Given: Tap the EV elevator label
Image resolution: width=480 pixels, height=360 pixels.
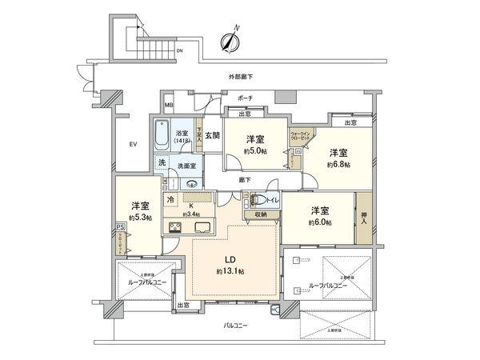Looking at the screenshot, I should pyautogui.click(x=133, y=144).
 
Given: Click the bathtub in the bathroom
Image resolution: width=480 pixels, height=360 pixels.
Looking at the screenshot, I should pyautogui.click(x=161, y=134).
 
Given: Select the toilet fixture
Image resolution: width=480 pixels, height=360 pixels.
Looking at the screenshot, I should pyautogui.click(x=261, y=201).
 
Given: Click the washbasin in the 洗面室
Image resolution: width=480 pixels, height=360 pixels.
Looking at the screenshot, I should pyautogui.click(x=192, y=181).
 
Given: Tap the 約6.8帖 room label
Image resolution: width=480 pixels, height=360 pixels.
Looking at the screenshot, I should pyautogui.click(x=338, y=158).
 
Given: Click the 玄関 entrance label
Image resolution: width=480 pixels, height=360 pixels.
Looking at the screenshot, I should pyautogui.click(x=211, y=135).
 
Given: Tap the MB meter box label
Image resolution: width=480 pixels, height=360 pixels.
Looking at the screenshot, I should pyautogui.click(x=169, y=106).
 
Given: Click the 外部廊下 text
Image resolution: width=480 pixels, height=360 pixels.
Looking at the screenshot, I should pyautogui.click(x=240, y=77).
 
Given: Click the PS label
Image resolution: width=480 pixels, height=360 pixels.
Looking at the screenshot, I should pyautogui.click(x=120, y=227).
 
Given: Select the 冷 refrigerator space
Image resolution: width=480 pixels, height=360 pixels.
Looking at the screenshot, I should pyautogui.click(x=170, y=198).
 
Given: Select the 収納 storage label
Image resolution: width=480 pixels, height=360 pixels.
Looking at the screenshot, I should pyautogui.click(x=261, y=214).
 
